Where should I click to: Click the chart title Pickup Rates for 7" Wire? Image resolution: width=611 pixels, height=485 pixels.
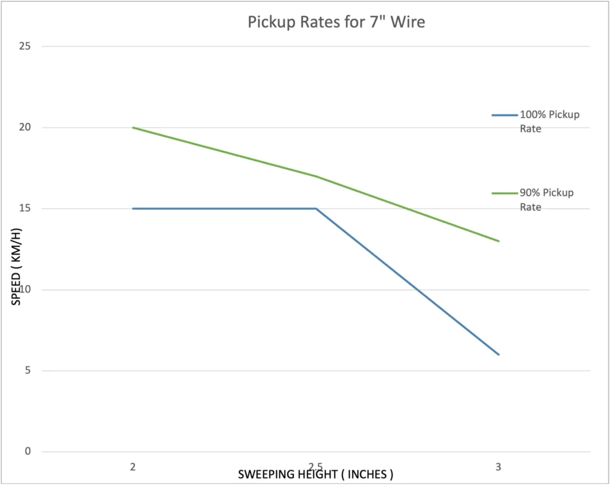(x=336, y=23)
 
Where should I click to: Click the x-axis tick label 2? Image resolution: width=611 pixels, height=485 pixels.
(x=133, y=467)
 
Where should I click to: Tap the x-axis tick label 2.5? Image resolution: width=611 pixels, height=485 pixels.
(x=316, y=467)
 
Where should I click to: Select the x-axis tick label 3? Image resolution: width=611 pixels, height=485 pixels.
(x=498, y=467)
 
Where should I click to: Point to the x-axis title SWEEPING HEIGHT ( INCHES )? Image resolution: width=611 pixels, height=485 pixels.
(x=316, y=475)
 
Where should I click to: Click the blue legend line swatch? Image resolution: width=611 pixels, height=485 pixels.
(x=505, y=115)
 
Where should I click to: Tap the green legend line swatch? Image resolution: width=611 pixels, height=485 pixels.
(x=505, y=193)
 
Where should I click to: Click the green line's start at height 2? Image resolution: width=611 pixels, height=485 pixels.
(x=133, y=128)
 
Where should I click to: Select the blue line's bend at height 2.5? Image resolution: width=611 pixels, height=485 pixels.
(x=316, y=209)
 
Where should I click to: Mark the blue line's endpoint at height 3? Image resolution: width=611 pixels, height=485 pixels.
(x=498, y=354)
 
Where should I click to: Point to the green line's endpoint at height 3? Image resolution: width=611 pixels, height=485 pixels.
(x=498, y=241)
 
